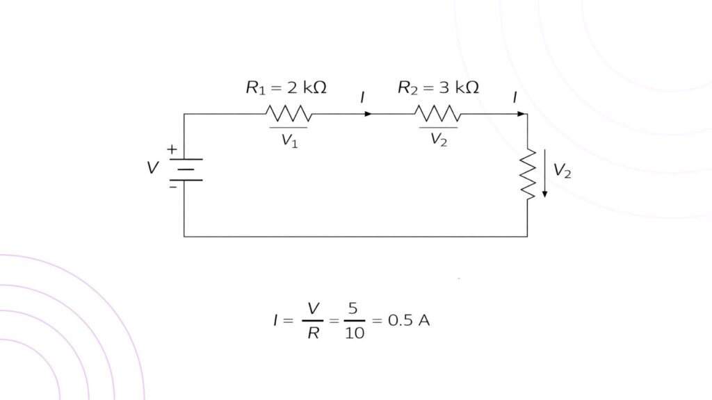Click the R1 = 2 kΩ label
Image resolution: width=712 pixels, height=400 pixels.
(286, 88)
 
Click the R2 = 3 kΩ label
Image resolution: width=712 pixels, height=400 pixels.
(438, 88)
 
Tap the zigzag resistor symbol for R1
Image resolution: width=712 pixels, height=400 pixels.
(288, 113)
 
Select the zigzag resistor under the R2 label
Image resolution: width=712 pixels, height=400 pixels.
(437, 113)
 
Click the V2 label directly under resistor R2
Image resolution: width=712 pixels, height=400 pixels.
(439, 140)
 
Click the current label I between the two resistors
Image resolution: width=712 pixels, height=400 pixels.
(362, 98)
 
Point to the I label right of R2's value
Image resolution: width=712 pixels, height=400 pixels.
(515, 98)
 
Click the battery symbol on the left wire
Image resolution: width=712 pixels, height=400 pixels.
(184, 169)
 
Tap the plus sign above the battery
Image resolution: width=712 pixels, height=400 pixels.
(172, 149)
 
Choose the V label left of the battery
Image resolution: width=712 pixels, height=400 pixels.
(152, 168)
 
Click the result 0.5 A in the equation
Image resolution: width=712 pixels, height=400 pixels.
(409, 321)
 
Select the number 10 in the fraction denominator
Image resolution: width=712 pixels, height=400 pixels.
(354, 333)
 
